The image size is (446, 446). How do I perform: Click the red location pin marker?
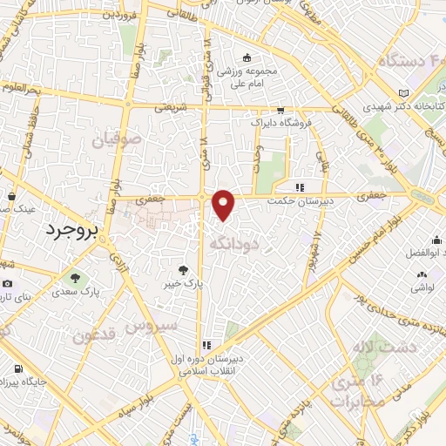(x=225, y=204)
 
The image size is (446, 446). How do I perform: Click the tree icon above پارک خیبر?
(x=183, y=270)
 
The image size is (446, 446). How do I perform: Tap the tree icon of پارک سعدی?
(x=74, y=279)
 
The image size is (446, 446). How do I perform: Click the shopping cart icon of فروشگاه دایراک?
(x=280, y=111)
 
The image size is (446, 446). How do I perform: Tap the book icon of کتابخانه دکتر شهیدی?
(x=402, y=93)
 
